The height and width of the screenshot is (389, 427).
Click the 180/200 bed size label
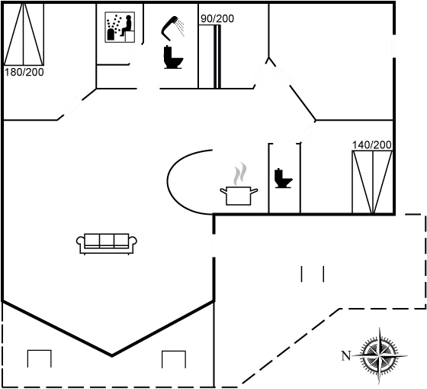[x=24, y=73]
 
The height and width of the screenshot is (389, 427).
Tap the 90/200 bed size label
[x=217, y=18]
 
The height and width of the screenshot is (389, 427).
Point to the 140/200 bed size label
[x=372, y=145]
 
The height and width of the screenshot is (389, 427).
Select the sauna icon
[x=120, y=27]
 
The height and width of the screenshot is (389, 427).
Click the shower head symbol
[x=172, y=28]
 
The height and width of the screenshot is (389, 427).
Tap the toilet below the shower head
[x=173, y=57]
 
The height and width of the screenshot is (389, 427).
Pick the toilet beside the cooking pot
[x=283, y=178]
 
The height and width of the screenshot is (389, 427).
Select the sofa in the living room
[x=107, y=244]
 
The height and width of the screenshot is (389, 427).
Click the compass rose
[x=380, y=355]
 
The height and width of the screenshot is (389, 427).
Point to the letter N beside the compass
[x=346, y=355]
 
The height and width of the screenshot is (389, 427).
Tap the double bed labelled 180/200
[x=24, y=34]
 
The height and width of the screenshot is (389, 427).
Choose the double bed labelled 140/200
[x=372, y=182]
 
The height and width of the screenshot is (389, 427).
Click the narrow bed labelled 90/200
[x=210, y=57]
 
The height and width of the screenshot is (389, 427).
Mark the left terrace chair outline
[x=39, y=358]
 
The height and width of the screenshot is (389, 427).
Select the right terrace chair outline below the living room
[x=174, y=359]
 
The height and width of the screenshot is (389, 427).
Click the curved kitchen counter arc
[x=167, y=182]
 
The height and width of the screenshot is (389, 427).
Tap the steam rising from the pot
[x=239, y=173]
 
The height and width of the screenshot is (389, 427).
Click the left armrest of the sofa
[x=81, y=242]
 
